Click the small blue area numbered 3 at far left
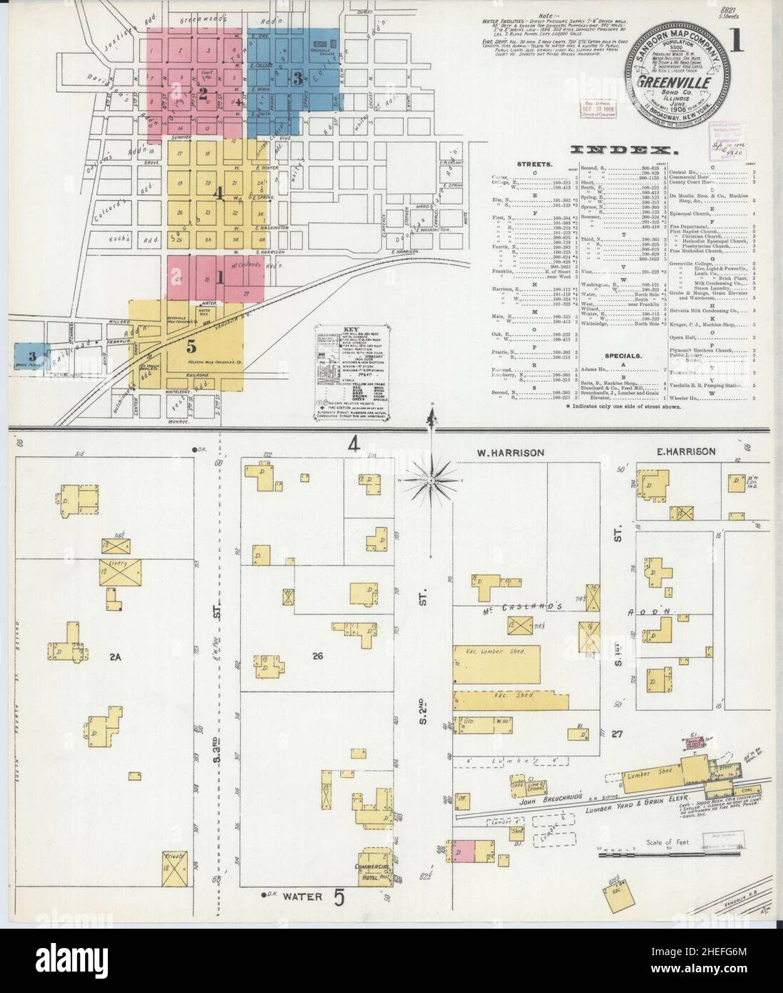pyautogui.click(x=31, y=356)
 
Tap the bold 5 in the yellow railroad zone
pyautogui.click(x=191, y=347)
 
